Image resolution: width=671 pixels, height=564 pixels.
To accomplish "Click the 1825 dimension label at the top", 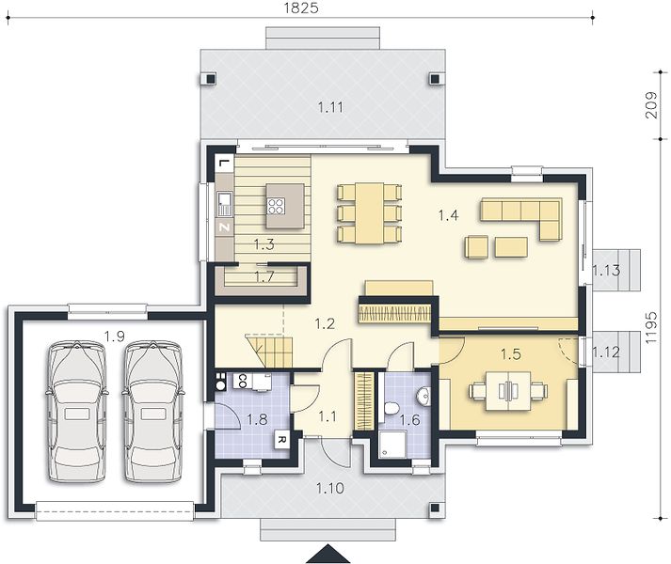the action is (301, 8).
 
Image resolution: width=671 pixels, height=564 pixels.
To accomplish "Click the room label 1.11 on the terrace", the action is (330, 107).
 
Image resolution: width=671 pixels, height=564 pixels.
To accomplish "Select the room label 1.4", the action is (449, 215).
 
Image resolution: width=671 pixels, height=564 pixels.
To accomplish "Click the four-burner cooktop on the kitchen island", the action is (276, 206).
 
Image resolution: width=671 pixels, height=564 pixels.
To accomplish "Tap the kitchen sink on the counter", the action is (224, 204).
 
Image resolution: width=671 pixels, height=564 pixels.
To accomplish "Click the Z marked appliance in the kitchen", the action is (225, 227).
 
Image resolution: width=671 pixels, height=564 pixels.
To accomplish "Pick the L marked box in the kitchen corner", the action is (224, 164).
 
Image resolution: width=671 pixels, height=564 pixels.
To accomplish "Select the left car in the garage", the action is (77, 412).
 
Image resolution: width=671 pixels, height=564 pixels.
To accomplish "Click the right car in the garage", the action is (153, 412).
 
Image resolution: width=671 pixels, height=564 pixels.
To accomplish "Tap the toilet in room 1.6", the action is (391, 408).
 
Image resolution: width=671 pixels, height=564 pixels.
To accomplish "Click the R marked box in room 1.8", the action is (281, 439).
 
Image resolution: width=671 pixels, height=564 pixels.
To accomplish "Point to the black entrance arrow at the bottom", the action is (328, 554).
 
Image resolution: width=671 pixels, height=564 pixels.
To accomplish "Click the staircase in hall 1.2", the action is (269, 352).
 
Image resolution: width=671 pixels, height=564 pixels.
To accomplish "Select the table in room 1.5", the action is (508, 391).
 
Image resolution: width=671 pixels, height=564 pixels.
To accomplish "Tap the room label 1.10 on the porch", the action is (330, 488).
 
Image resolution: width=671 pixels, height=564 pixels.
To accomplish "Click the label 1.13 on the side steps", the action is (606, 270).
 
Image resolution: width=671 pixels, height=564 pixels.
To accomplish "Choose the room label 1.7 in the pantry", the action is (264, 277).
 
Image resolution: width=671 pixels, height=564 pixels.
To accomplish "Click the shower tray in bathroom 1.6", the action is (391, 444).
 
